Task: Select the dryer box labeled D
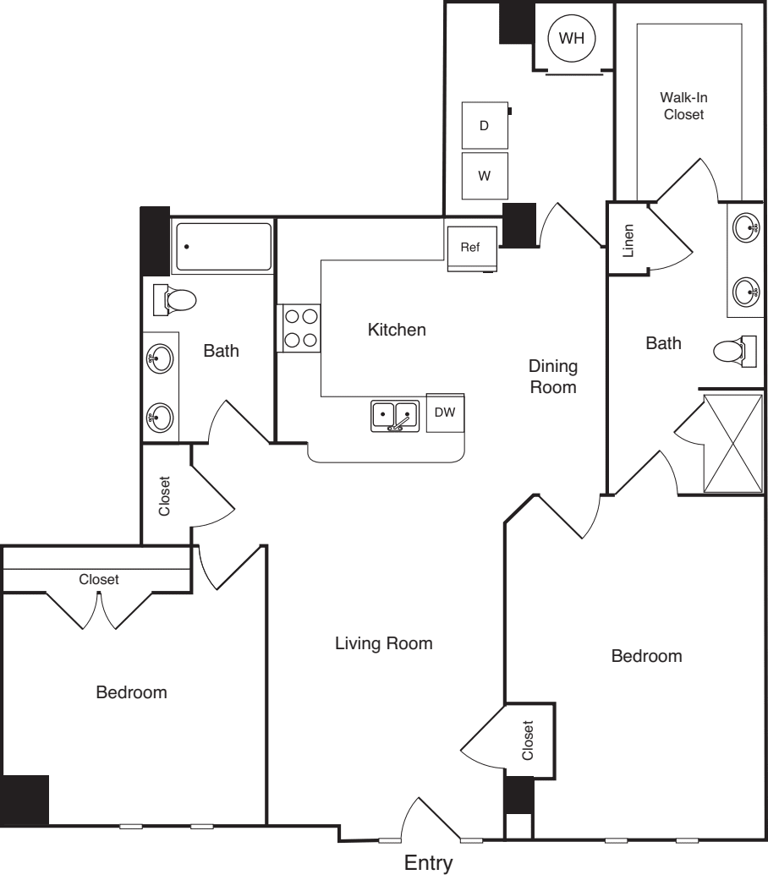pos(485,126)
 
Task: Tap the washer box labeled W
pos(485,176)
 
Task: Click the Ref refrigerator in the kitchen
pos(470,248)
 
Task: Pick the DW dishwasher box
pos(445,413)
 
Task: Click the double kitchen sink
pos(395,415)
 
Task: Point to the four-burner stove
pos(300,328)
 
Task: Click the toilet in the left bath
pos(177,298)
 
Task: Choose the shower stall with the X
pos(733,441)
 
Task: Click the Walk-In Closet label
pos(683,106)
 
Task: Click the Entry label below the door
pos(428,863)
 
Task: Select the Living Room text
pos(384,643)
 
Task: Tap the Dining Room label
pos(553,377)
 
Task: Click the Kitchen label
pos(397,330)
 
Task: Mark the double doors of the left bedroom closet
pos(99,610)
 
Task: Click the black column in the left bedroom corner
pos(25,799)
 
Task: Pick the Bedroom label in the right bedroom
pos(646,656)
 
